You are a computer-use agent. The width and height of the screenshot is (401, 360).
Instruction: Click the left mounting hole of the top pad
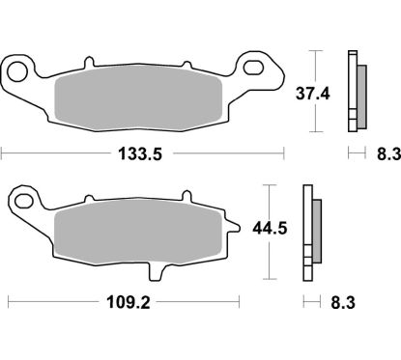pyautogui.click(x=17, y=70)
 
